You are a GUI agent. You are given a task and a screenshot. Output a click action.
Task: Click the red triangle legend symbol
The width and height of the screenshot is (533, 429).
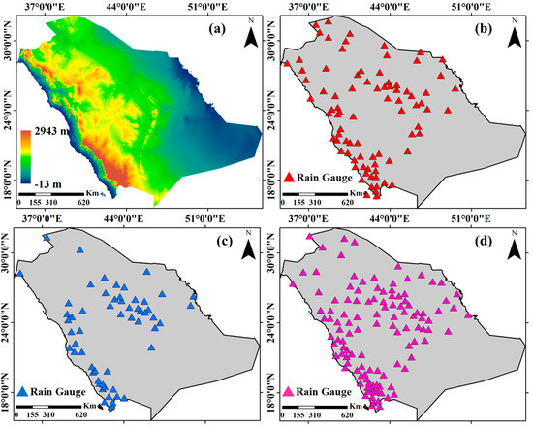(288, 177)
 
